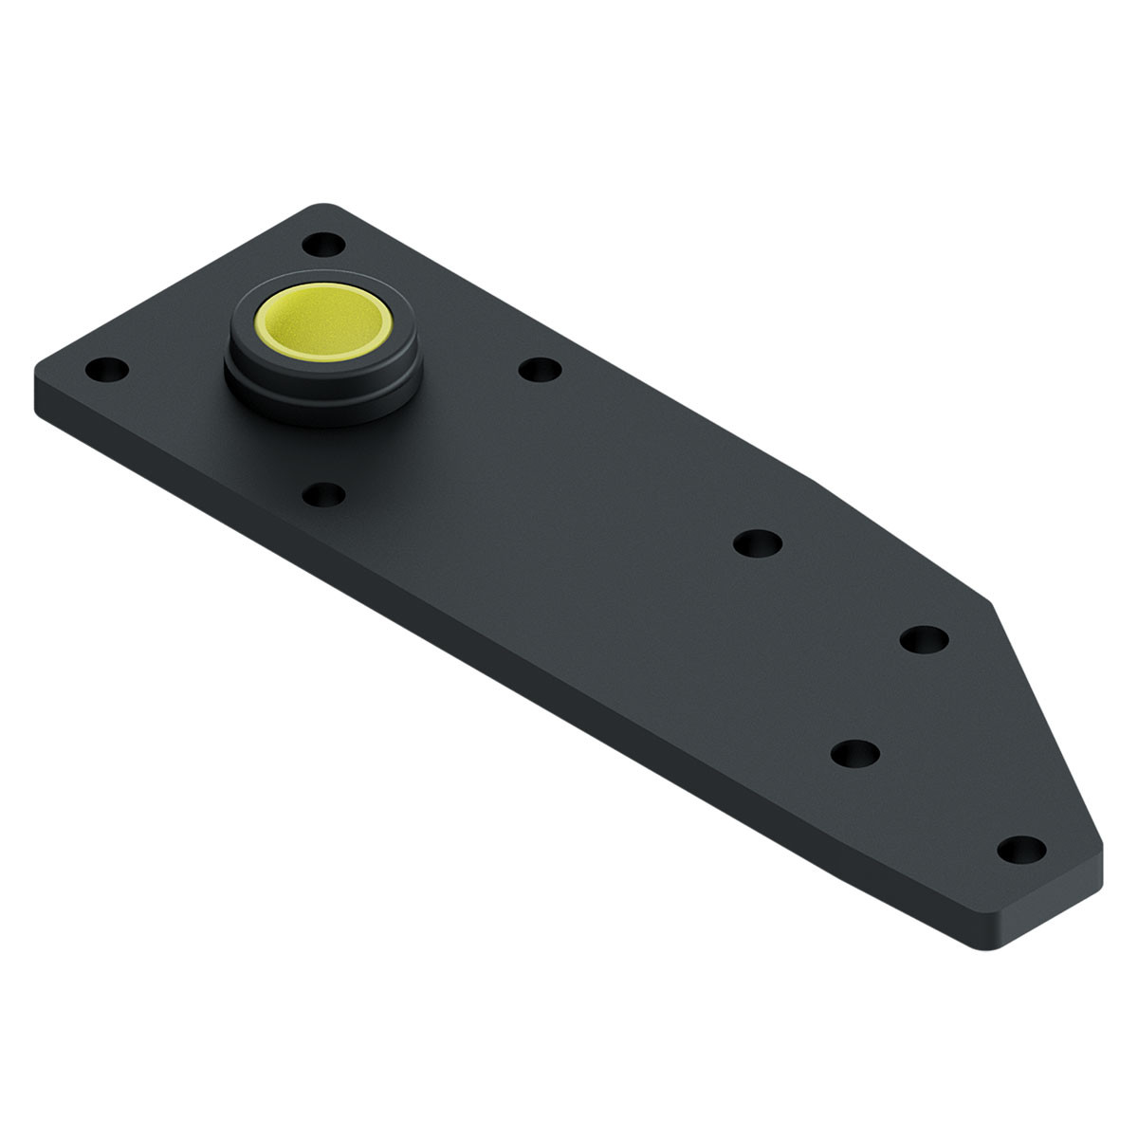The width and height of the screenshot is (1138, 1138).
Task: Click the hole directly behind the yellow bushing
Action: (x=324, y=245)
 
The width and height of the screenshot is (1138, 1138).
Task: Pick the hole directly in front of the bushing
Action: (x=323, y=494)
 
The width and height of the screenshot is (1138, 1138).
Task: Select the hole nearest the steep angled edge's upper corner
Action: (x=924, y=638)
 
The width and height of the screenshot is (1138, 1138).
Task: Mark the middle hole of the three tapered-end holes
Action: (x=854, y=753)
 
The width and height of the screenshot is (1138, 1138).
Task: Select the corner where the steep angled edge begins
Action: (x=991, y=601)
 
